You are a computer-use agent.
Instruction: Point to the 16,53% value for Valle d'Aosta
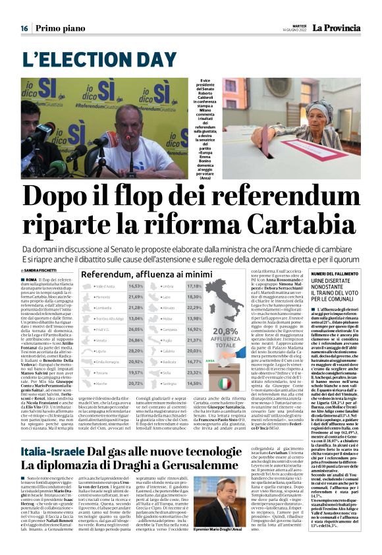pos(136,286)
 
